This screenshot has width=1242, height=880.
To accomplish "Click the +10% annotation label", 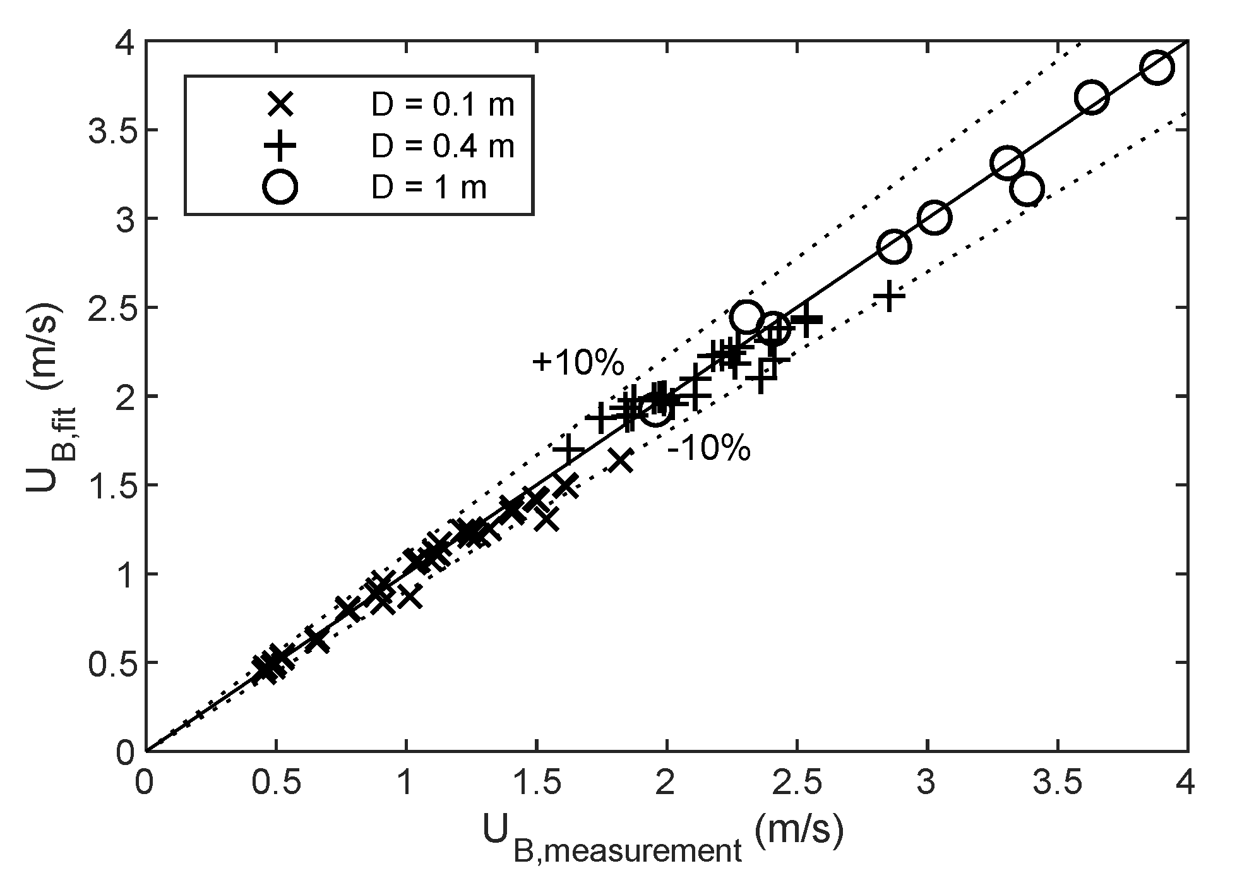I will coord(578,363).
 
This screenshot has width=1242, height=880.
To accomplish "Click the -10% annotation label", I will coord(708,450).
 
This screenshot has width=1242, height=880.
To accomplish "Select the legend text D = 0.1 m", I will coord(443,105).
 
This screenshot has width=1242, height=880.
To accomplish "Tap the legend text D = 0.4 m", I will coord(443,147).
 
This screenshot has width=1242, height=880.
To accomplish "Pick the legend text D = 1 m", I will coord(429,188).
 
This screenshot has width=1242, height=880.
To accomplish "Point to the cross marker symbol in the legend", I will coord(280,105).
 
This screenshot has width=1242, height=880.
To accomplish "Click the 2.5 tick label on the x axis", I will coord(797,783).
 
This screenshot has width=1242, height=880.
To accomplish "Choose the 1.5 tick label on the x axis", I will coord(536,783).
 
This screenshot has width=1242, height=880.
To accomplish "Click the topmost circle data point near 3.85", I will coord(1157,68).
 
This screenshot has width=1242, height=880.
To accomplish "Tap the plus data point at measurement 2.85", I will coord(889,296).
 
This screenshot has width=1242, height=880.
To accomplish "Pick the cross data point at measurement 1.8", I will coord(621,461).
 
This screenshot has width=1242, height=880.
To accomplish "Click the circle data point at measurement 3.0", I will coord(934,218).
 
